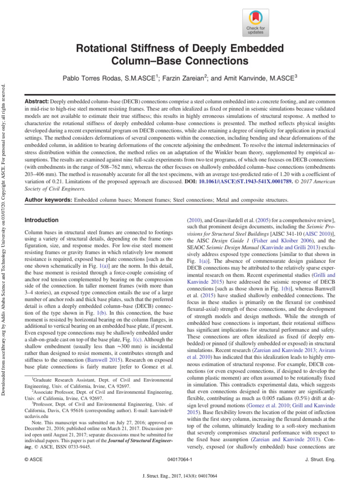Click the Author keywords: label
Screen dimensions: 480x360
[x=48, y=200]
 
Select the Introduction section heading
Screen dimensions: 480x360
[x=41, y=220]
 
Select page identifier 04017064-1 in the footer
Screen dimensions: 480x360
[x=180, y=460]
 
